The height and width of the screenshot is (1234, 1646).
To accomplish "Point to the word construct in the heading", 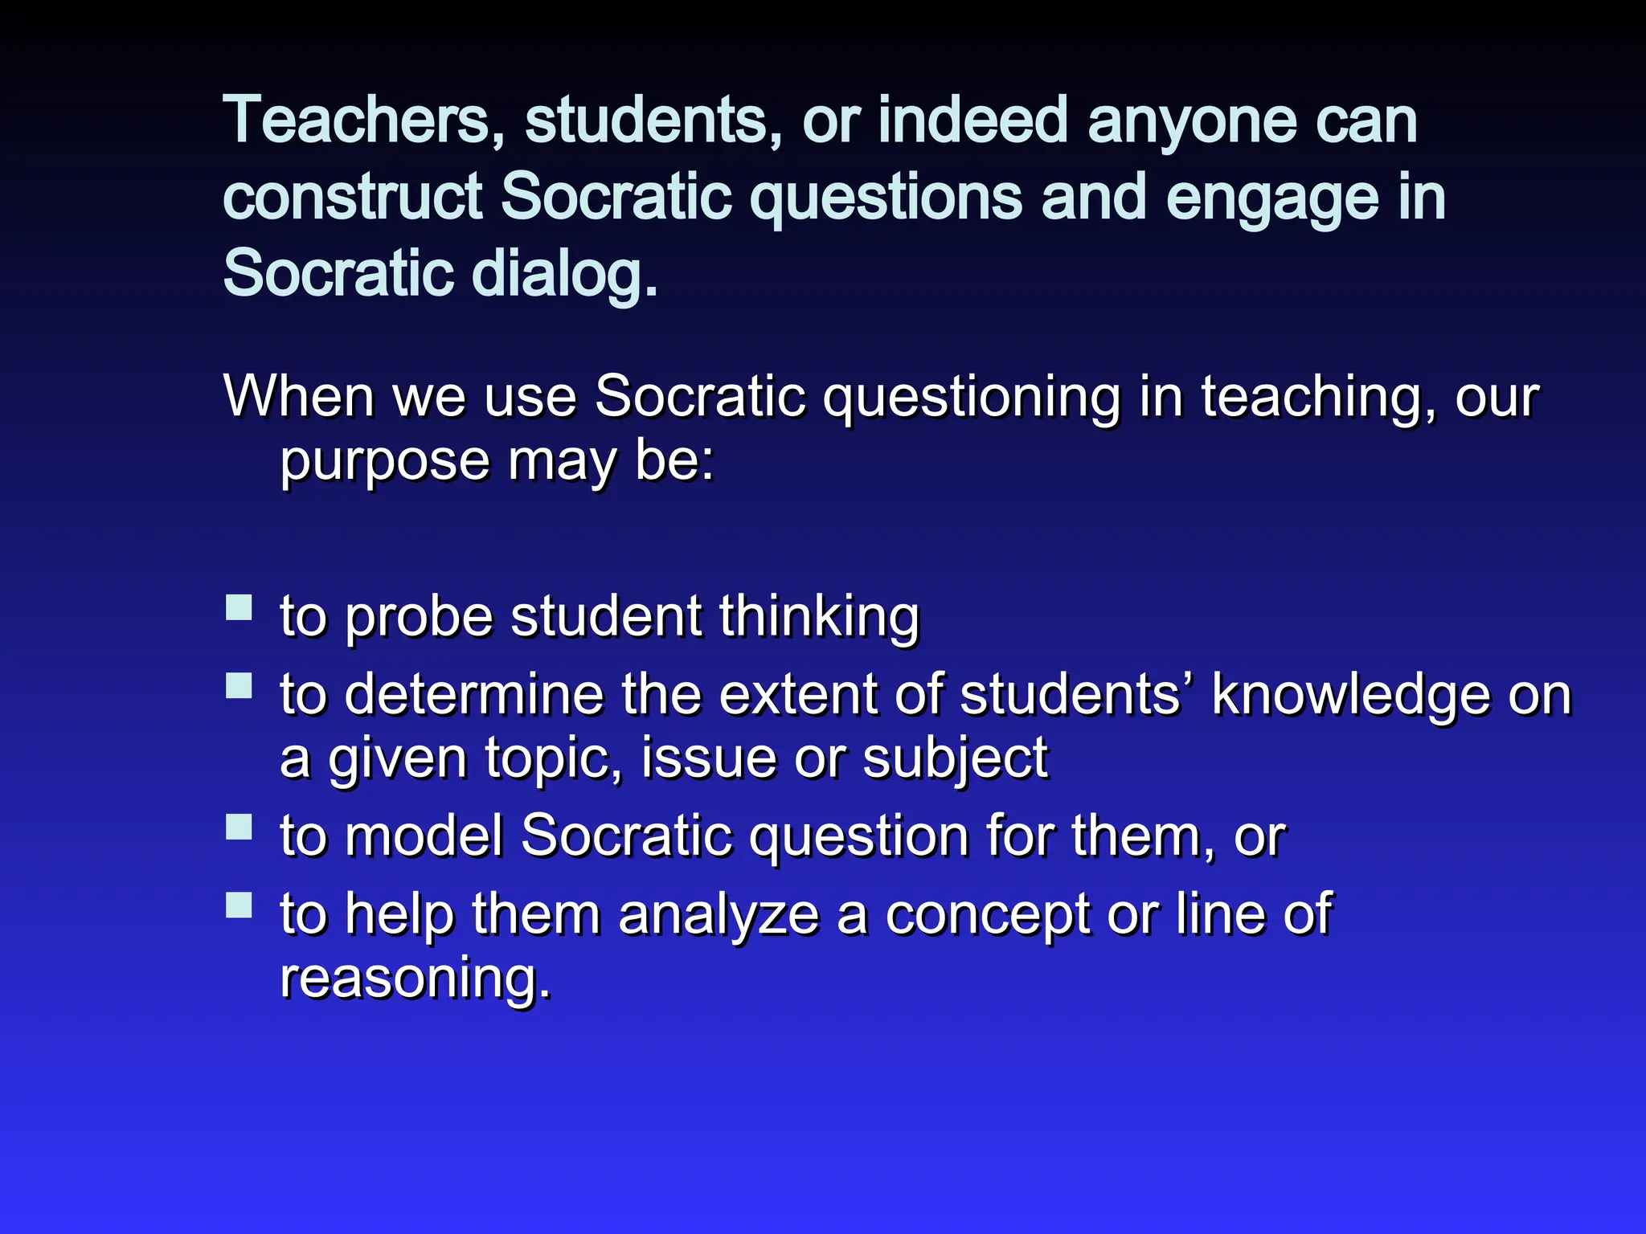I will [352, 198].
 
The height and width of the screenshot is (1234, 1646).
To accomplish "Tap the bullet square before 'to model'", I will [239, 826].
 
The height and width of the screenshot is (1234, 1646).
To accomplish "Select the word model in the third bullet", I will [424, 836].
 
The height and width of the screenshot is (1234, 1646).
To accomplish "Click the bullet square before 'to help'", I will [239, 905].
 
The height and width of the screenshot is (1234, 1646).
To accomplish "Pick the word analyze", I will [719, 916].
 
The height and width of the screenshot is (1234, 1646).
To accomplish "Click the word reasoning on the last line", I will [415, 978].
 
